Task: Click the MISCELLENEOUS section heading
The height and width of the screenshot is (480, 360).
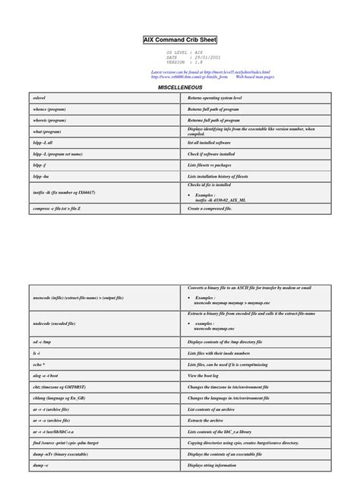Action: pyautogui.click(x=179, y=87)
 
